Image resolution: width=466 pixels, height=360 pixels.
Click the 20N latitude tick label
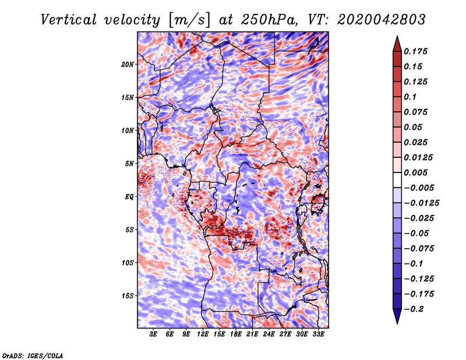coord(127,65)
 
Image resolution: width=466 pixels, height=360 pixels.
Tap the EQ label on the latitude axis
coord(129,197)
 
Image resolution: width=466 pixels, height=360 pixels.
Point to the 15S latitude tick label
coord(127,296)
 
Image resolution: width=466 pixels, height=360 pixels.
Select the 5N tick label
coord(129,164)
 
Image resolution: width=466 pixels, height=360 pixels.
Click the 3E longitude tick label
coord(153,334)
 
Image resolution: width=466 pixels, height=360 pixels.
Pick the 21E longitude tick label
coord(252,334)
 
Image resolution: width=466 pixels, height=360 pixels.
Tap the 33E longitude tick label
coord(318,334)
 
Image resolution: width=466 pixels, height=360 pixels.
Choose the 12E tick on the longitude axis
coord(203,334)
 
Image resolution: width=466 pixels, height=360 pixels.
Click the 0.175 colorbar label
coord(415,51)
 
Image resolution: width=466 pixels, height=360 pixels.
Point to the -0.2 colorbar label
coord(414,309)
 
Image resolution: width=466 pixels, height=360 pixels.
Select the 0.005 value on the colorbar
coord(415,172)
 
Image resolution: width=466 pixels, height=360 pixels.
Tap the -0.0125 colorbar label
coord(421,203)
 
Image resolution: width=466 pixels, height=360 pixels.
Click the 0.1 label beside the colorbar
coord(410,97)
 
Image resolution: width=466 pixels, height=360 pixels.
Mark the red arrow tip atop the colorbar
coord(397,37)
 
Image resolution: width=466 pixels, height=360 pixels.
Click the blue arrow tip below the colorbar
coord(397,323)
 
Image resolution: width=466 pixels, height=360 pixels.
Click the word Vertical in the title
coord(69,20)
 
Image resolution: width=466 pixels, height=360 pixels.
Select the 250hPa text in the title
coord(269,20)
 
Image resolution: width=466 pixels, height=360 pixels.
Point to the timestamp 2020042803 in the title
coord(382,20)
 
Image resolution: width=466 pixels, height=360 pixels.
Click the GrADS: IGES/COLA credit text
coord(33,356)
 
